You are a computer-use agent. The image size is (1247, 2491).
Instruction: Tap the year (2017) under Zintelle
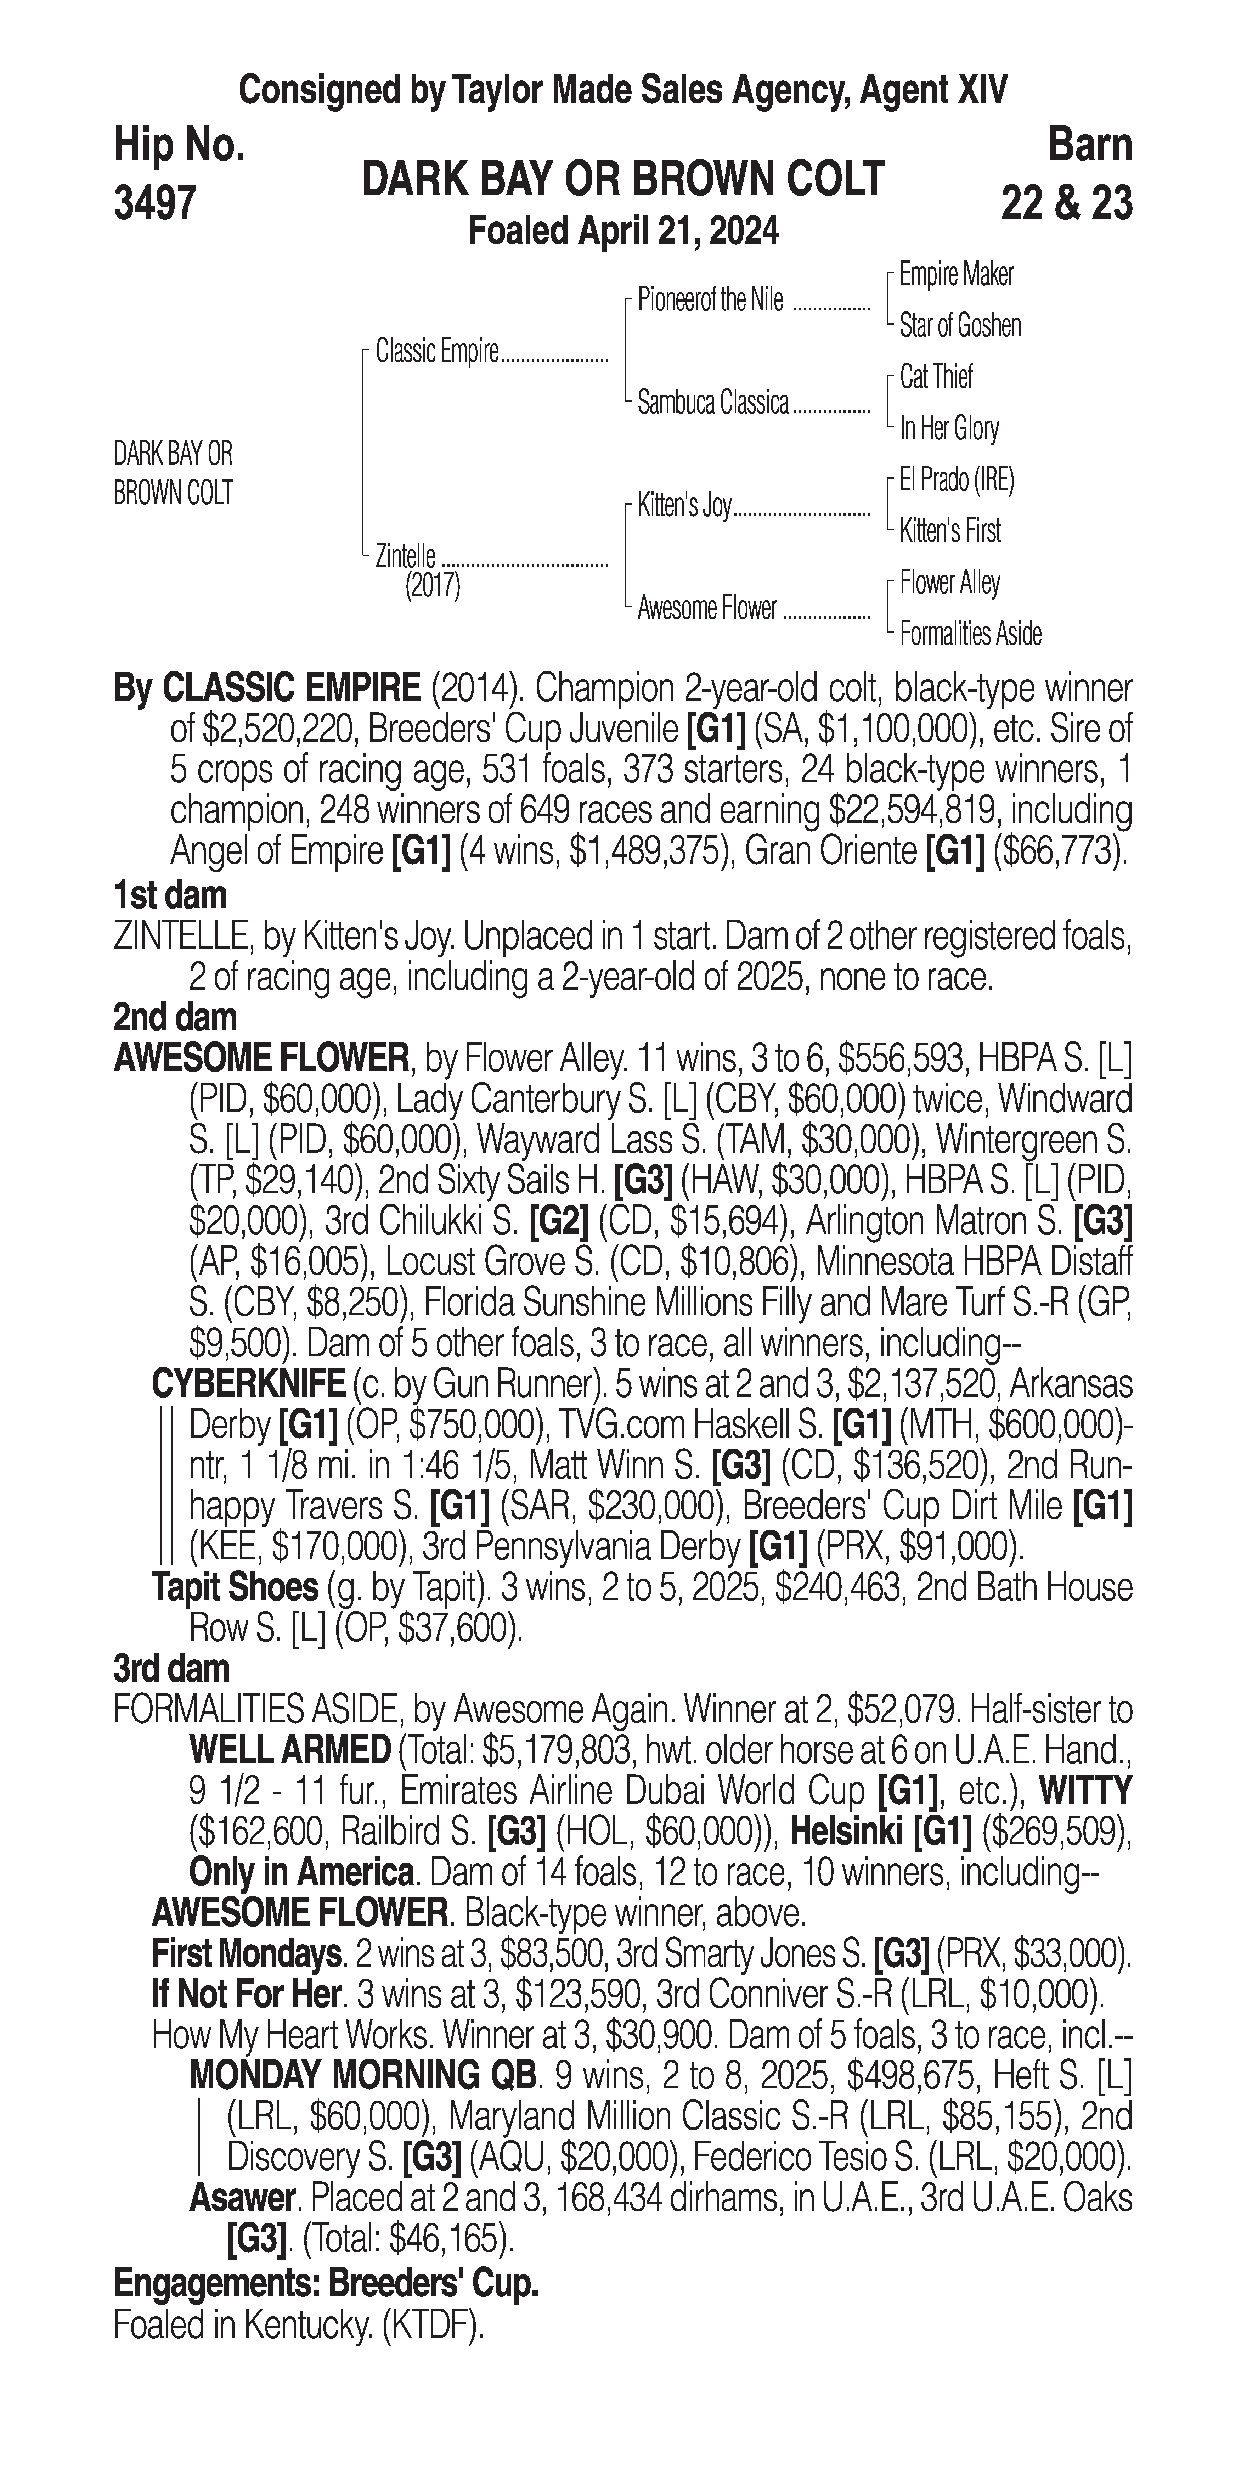coord(432,586)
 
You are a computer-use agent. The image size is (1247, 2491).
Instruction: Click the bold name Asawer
coord(242,2197)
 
